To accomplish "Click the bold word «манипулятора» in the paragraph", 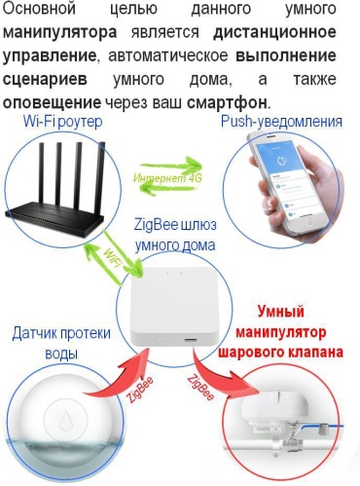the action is [x=60, y=33].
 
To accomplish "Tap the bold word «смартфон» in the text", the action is [x=227, y=103].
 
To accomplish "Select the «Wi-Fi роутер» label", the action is [x=62, y=122].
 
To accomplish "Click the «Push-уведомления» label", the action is [x=281, y=122].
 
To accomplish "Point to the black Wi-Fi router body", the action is [x=54, y=218].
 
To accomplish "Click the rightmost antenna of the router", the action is [x=101, y=175].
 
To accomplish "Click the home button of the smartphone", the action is [x=309, y=223].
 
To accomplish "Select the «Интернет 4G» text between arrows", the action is [x=167, y=178].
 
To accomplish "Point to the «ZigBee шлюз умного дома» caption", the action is [x=175, y=235].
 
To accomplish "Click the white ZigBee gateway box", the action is [x=175, y=308].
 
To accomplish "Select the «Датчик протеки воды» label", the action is [x=61, y=343].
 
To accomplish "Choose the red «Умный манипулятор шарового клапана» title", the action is [x=280, y=332].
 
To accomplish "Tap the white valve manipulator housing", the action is [x=275, y=408].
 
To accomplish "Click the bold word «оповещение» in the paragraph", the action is [x=52, y=103].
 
